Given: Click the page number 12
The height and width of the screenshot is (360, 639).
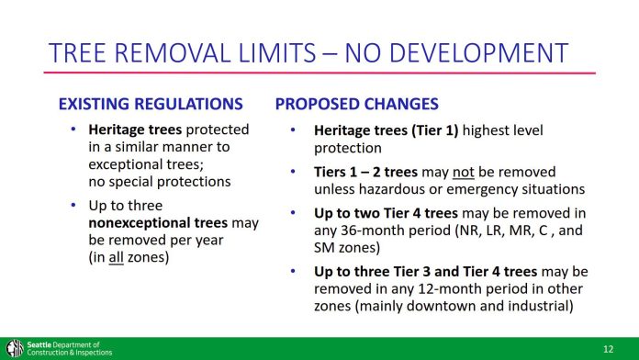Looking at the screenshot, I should [x=608, y=349].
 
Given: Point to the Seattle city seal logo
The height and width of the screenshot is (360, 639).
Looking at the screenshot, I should [x=13, y=348].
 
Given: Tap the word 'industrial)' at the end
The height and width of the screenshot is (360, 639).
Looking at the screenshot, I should [x=538, y=307].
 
